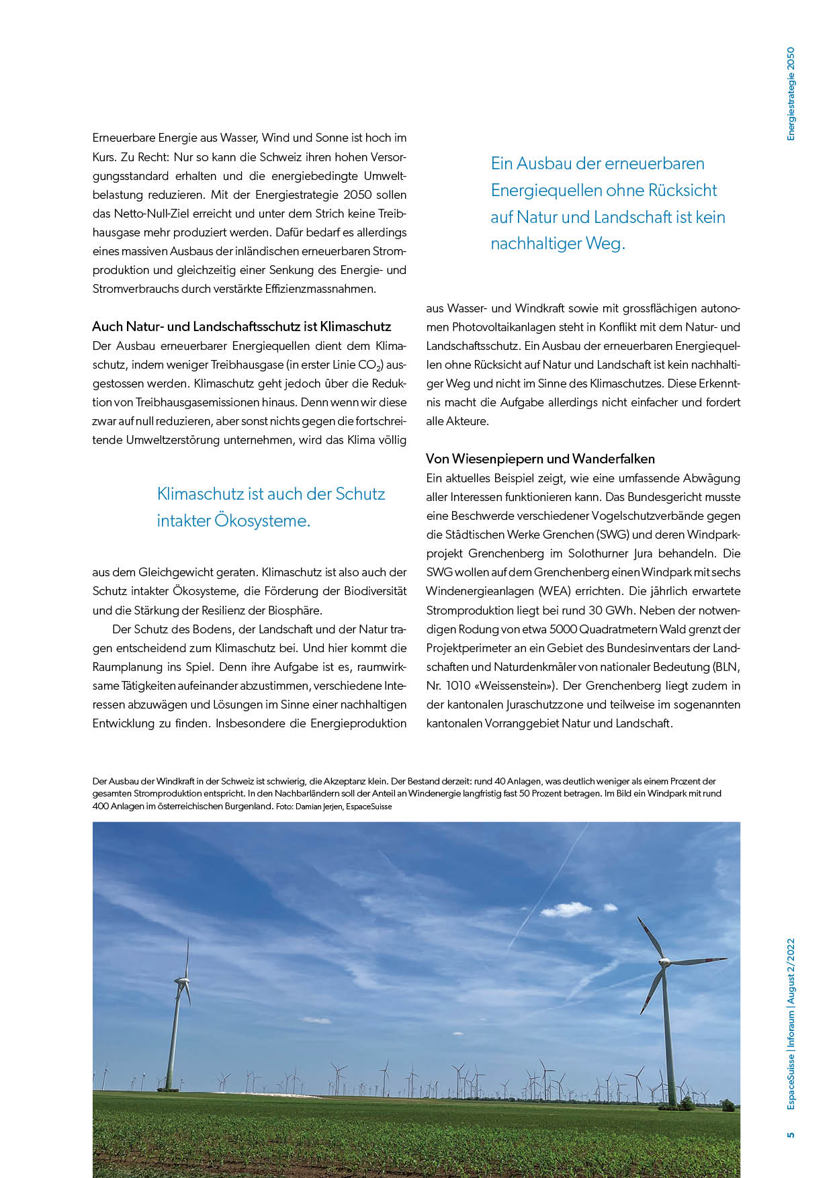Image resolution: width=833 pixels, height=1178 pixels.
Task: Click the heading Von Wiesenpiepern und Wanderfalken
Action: point(540,459)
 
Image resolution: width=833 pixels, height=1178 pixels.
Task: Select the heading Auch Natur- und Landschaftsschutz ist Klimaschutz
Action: point(241,327)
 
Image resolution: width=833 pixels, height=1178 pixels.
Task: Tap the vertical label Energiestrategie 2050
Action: point(790,93)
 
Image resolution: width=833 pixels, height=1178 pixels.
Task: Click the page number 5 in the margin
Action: point(791,1134)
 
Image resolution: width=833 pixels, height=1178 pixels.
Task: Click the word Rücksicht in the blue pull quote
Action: point(683,191)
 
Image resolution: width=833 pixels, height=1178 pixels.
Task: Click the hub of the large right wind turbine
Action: point(664,962)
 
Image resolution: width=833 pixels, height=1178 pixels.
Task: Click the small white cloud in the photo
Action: point(566,910)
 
